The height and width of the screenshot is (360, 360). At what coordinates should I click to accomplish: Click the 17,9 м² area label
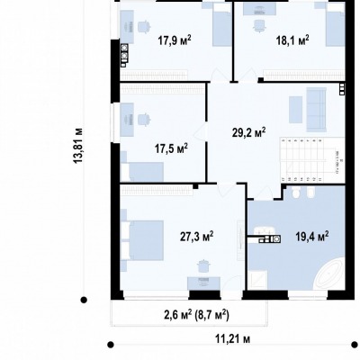coord(175,40)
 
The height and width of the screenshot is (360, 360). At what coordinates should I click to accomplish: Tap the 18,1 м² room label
coord(292,40)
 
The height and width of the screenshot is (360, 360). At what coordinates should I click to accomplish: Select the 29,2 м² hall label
coord(249,132)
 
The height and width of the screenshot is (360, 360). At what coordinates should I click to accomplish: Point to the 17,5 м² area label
coord(171,148)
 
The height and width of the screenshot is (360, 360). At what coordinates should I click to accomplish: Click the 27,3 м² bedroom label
coord(197,237)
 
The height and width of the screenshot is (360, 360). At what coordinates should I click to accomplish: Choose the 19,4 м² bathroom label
coord(312,237)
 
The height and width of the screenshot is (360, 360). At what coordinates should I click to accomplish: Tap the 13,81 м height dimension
coord(78,146)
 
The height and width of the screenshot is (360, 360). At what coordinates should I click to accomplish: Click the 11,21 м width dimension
coord(233,339)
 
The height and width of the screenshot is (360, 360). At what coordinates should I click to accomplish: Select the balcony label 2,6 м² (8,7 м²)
coord(196,315)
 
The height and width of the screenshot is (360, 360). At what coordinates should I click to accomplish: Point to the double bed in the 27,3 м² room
coord(142,240)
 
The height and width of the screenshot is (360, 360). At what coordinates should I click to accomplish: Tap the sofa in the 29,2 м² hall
coord(316,110)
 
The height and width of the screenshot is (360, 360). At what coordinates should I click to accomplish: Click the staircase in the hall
coord(312,159)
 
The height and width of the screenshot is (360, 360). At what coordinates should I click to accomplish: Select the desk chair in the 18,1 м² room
coord(259,25)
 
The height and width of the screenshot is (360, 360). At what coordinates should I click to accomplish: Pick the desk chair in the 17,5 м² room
coord(143,119)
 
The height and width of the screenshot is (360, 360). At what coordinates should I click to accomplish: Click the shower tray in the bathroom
coord(258,280)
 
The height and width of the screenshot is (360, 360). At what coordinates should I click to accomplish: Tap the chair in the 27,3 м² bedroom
coord(203,265)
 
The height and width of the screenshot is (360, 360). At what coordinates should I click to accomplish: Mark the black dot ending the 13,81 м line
coord(84,300)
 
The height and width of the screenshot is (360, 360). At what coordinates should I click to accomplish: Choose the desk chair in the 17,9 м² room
coord(143,26)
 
